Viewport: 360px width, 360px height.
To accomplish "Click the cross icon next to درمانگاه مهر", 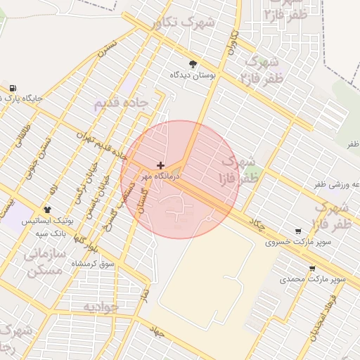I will (x=162, y=166).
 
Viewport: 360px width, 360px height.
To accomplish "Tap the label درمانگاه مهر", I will (x=161, y=176).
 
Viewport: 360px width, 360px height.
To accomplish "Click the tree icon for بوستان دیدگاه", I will (x=193, y=64).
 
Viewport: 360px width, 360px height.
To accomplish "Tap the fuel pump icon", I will (x=13, y=88).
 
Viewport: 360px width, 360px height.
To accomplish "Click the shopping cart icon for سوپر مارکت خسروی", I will (x=299, y=231).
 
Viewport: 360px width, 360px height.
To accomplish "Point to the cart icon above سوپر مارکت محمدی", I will (x=312, y=269).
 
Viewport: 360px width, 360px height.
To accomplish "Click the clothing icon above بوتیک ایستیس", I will (x=48, y=210).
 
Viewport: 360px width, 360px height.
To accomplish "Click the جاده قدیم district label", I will (x=121, y=103).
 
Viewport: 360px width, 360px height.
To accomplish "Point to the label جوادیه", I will (x=101, y=307).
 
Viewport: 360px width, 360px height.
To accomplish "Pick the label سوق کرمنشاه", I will (x=93, y=263).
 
